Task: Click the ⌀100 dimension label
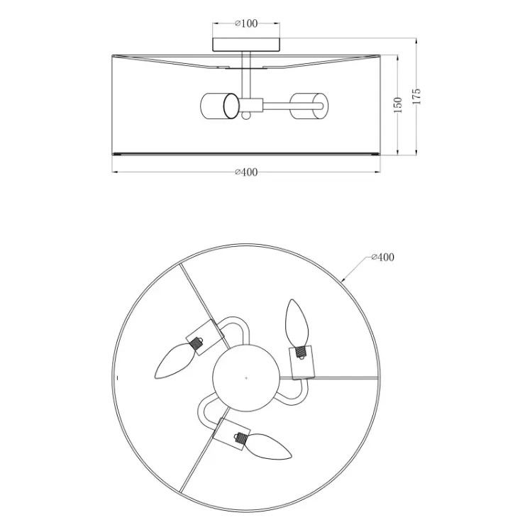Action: coord(246,23)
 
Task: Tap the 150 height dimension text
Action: coord(398,105)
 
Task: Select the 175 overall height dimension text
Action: coord(416,96)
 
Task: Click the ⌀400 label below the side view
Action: coord(246,172)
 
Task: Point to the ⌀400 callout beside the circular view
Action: coord(383,257)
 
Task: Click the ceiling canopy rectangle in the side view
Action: coord(246,45)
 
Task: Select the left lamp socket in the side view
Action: coord(220,106)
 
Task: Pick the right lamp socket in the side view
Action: coord(309,106)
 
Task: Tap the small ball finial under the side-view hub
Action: coord(246,116)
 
